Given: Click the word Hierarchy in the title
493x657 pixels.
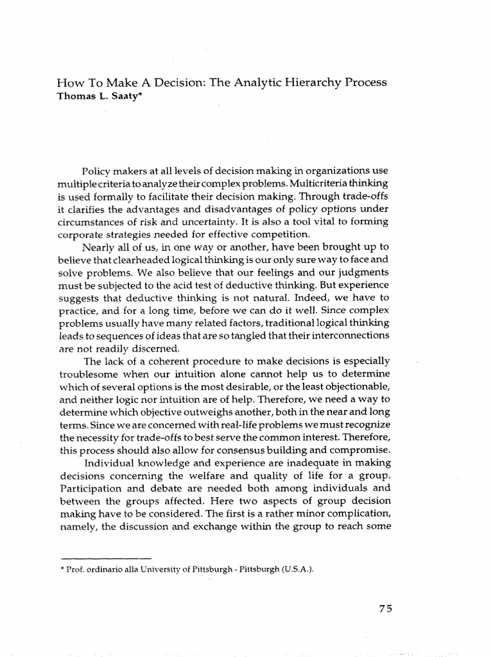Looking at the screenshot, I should tap(310, 83).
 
